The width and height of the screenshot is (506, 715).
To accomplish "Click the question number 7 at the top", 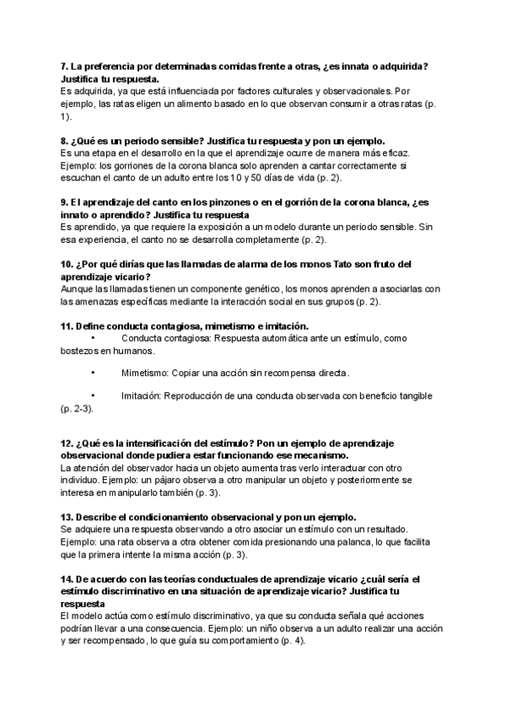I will (65, 67).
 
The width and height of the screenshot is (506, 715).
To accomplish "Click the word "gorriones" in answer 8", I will (135, 165).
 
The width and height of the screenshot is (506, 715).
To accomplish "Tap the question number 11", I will (67, 325).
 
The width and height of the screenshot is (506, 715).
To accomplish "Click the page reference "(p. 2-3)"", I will (77, 408).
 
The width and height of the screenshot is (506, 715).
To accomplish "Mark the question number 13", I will (67, 516).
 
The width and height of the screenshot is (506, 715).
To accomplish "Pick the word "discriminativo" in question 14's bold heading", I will (116, 592).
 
